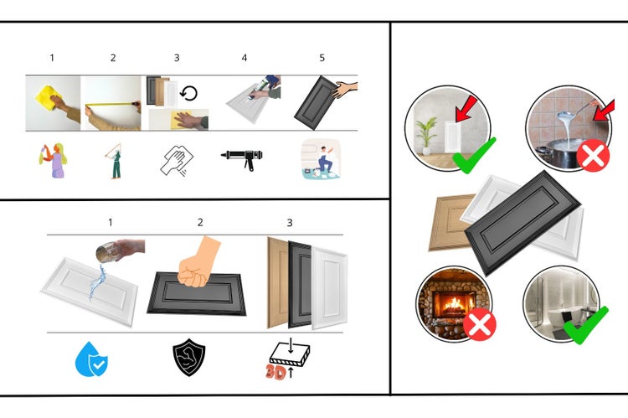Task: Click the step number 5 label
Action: pyautogui.click(x=322, y=58)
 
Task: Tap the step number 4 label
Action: pyautogui.click(x=245, y=58)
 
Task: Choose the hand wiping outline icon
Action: pyautogui.click(x=178, y=159)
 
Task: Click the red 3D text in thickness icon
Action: pyautogui.click(x=275, y=372)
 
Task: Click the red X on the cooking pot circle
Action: pyautogui.click(x=593, y=156)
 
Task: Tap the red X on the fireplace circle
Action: pyautogui.click(x=479, y=323)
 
